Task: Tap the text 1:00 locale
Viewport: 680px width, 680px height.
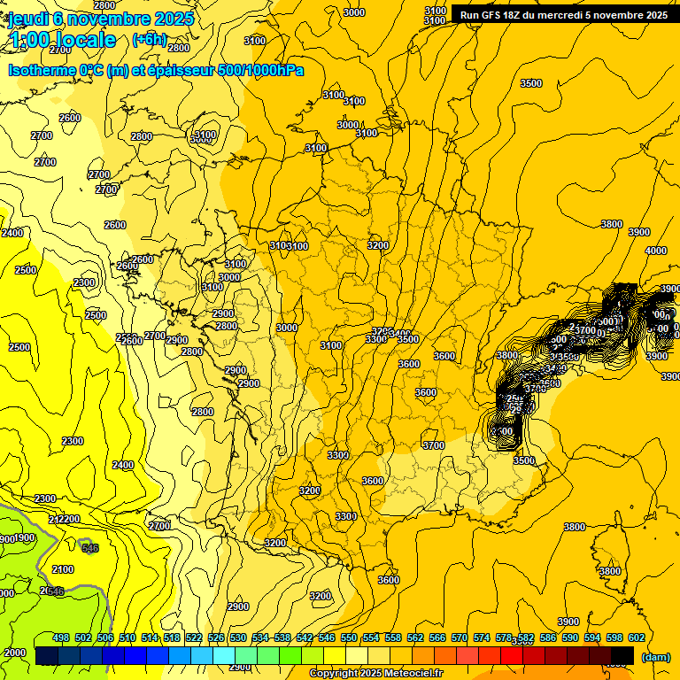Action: (x=62, y=40)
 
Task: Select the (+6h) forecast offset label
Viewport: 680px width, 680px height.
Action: (x=149, y=39)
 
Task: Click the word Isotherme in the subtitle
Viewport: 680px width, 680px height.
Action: (x=41, y=69)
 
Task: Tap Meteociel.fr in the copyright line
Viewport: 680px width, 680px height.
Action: (x=413, y=674)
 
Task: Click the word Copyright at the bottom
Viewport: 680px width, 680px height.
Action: (x=334, y=674)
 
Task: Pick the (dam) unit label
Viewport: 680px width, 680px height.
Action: (x=654, y=656)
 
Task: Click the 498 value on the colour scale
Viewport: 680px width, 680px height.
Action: (x=61, y=637)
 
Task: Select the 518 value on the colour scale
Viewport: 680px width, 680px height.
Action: (x=172, y=637)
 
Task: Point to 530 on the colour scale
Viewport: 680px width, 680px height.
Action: (x=238, y=637)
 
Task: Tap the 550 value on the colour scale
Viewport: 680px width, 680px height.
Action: (x=349, y=637)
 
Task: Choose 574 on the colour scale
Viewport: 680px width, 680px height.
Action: (x=482, y=637)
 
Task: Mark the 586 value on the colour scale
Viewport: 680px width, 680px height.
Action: (x=548, y=637)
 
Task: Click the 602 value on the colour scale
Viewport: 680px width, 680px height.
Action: (x=637, y=637)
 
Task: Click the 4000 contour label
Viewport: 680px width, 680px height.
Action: (x=655, y=251)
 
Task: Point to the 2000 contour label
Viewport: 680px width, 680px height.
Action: (x=15, y=653)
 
